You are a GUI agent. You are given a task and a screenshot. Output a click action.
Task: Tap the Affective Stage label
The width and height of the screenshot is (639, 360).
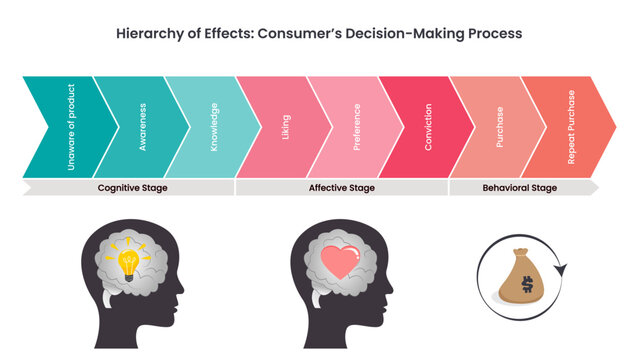342,187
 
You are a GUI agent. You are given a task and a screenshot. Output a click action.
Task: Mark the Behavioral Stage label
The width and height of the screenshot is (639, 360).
520,187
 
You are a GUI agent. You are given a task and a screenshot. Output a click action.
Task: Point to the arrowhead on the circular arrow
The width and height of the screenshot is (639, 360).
560,267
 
